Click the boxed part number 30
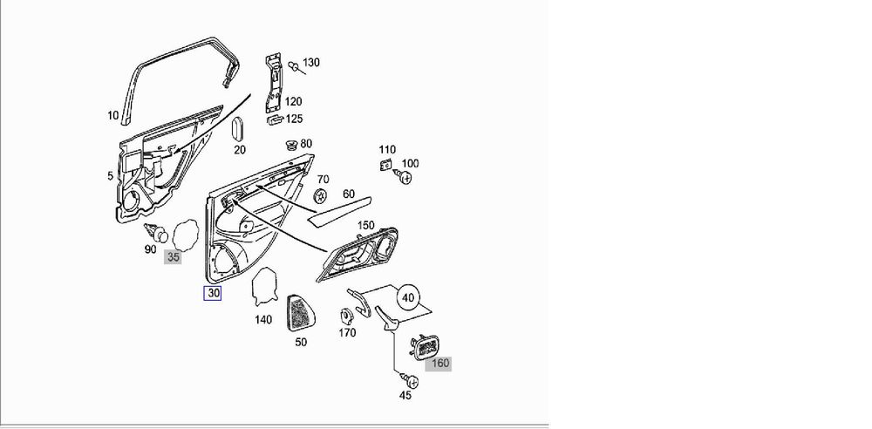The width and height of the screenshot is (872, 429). (x=213, y=293)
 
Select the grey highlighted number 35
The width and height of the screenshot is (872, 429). (x=173, y=257)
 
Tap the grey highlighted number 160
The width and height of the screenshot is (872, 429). (x=439, y=364)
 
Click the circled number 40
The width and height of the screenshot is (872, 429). (x=408, y=297)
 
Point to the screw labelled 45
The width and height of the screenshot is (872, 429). (x=411, y=381)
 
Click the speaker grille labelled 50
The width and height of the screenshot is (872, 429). (x=300, y=313)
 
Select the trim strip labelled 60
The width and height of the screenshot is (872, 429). (x=339, y=211)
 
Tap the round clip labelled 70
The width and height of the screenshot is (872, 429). (x=321, y=195)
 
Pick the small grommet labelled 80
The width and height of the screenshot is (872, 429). (x=291, y=146)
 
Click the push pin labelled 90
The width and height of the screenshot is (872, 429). (x=156, y=233)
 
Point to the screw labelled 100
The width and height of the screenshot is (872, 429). (x=403, y=178)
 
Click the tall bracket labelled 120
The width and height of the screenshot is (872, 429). (x=273, y=83)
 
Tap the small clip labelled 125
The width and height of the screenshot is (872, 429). (x=276, y=119)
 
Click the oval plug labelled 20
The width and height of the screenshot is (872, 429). (x=237, y=129)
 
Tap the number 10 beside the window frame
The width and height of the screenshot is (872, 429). (x=112, y=116)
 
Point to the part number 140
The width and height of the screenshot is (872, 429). (x=263, y=319)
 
